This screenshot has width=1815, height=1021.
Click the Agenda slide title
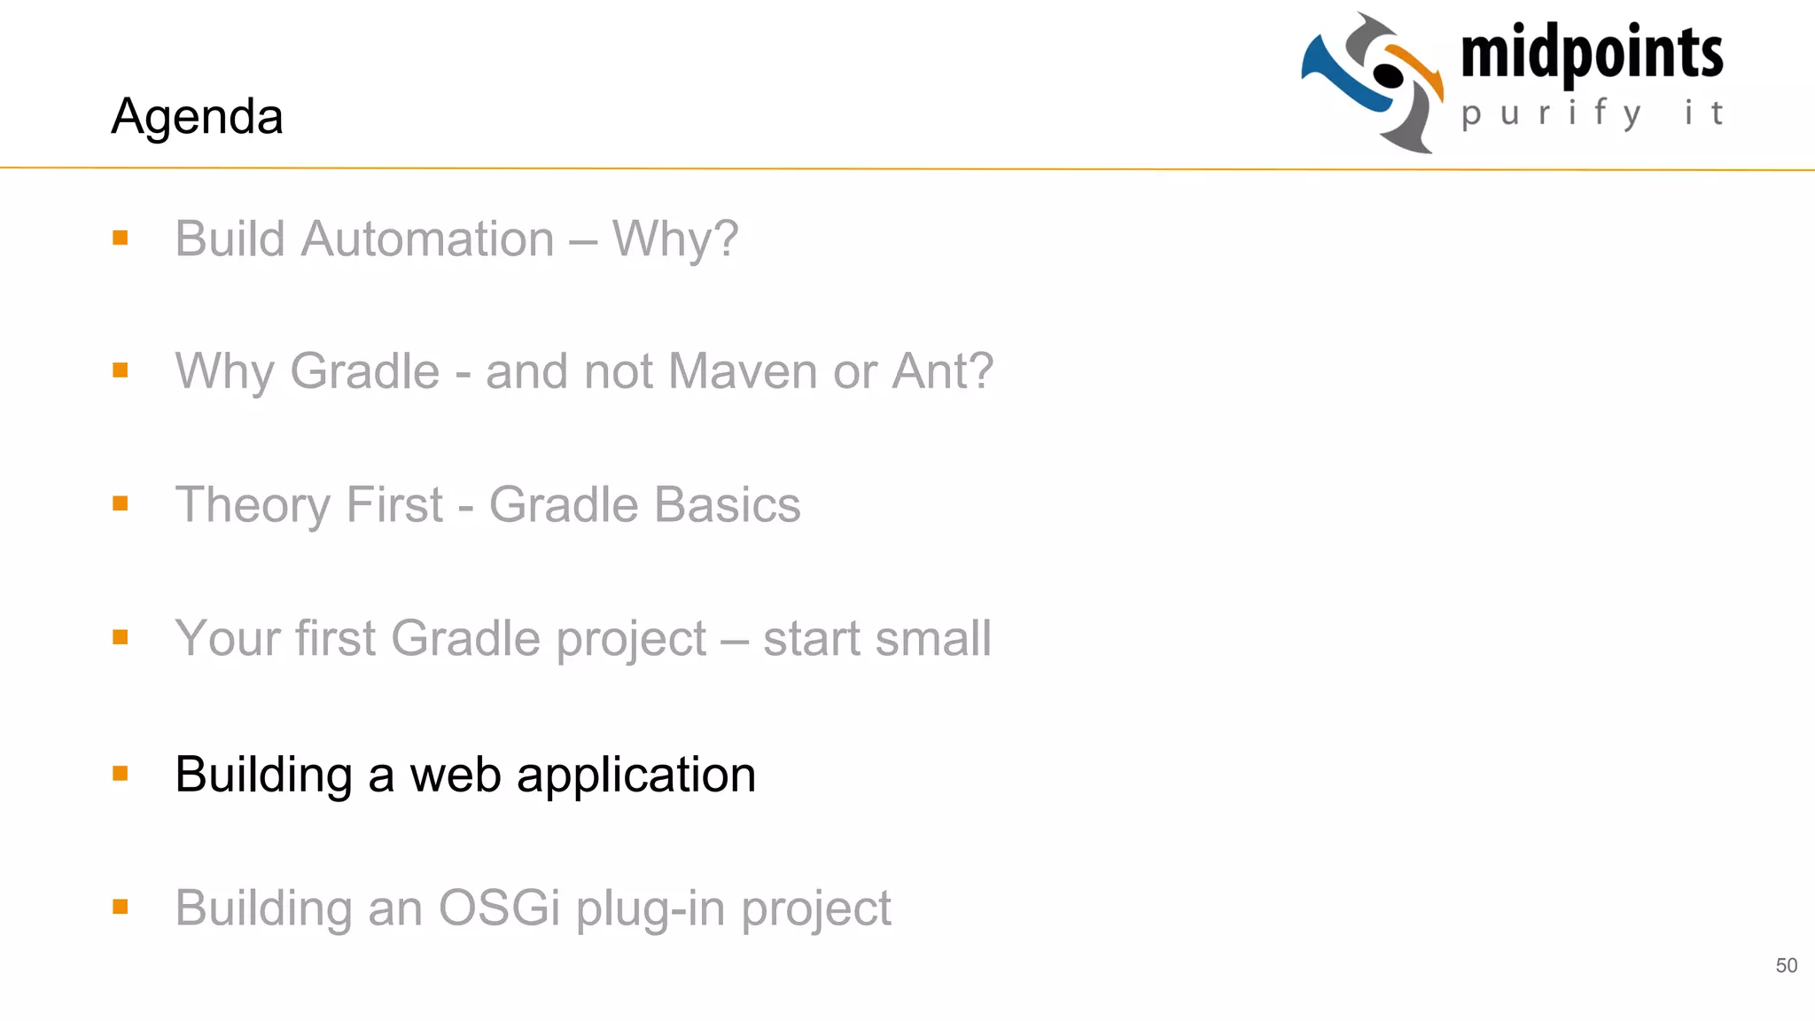tap(197, 116)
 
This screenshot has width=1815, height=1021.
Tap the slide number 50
tap(1786, 965)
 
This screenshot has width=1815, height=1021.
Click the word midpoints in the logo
tap(1592, 53)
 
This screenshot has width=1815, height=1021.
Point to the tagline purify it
tap(1592, 113)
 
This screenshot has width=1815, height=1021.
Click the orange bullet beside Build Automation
tap(121, 238)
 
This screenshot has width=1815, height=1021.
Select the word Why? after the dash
tap(675, 239)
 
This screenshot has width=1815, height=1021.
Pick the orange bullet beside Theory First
tap(121, 503)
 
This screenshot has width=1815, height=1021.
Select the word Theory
tap(253, 505)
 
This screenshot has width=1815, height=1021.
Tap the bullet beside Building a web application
tap(121, 774)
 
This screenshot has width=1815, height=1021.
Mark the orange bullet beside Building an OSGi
tap(121, 907)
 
